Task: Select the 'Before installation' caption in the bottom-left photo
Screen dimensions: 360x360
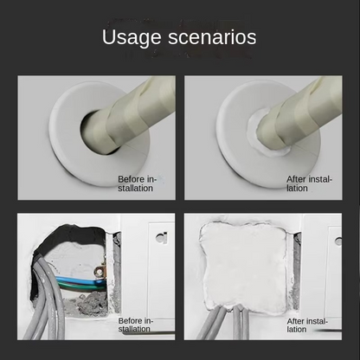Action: pyautogui.click(x=137, y=325)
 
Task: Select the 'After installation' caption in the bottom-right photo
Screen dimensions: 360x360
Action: pyautogui.click(x=309, y=325)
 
